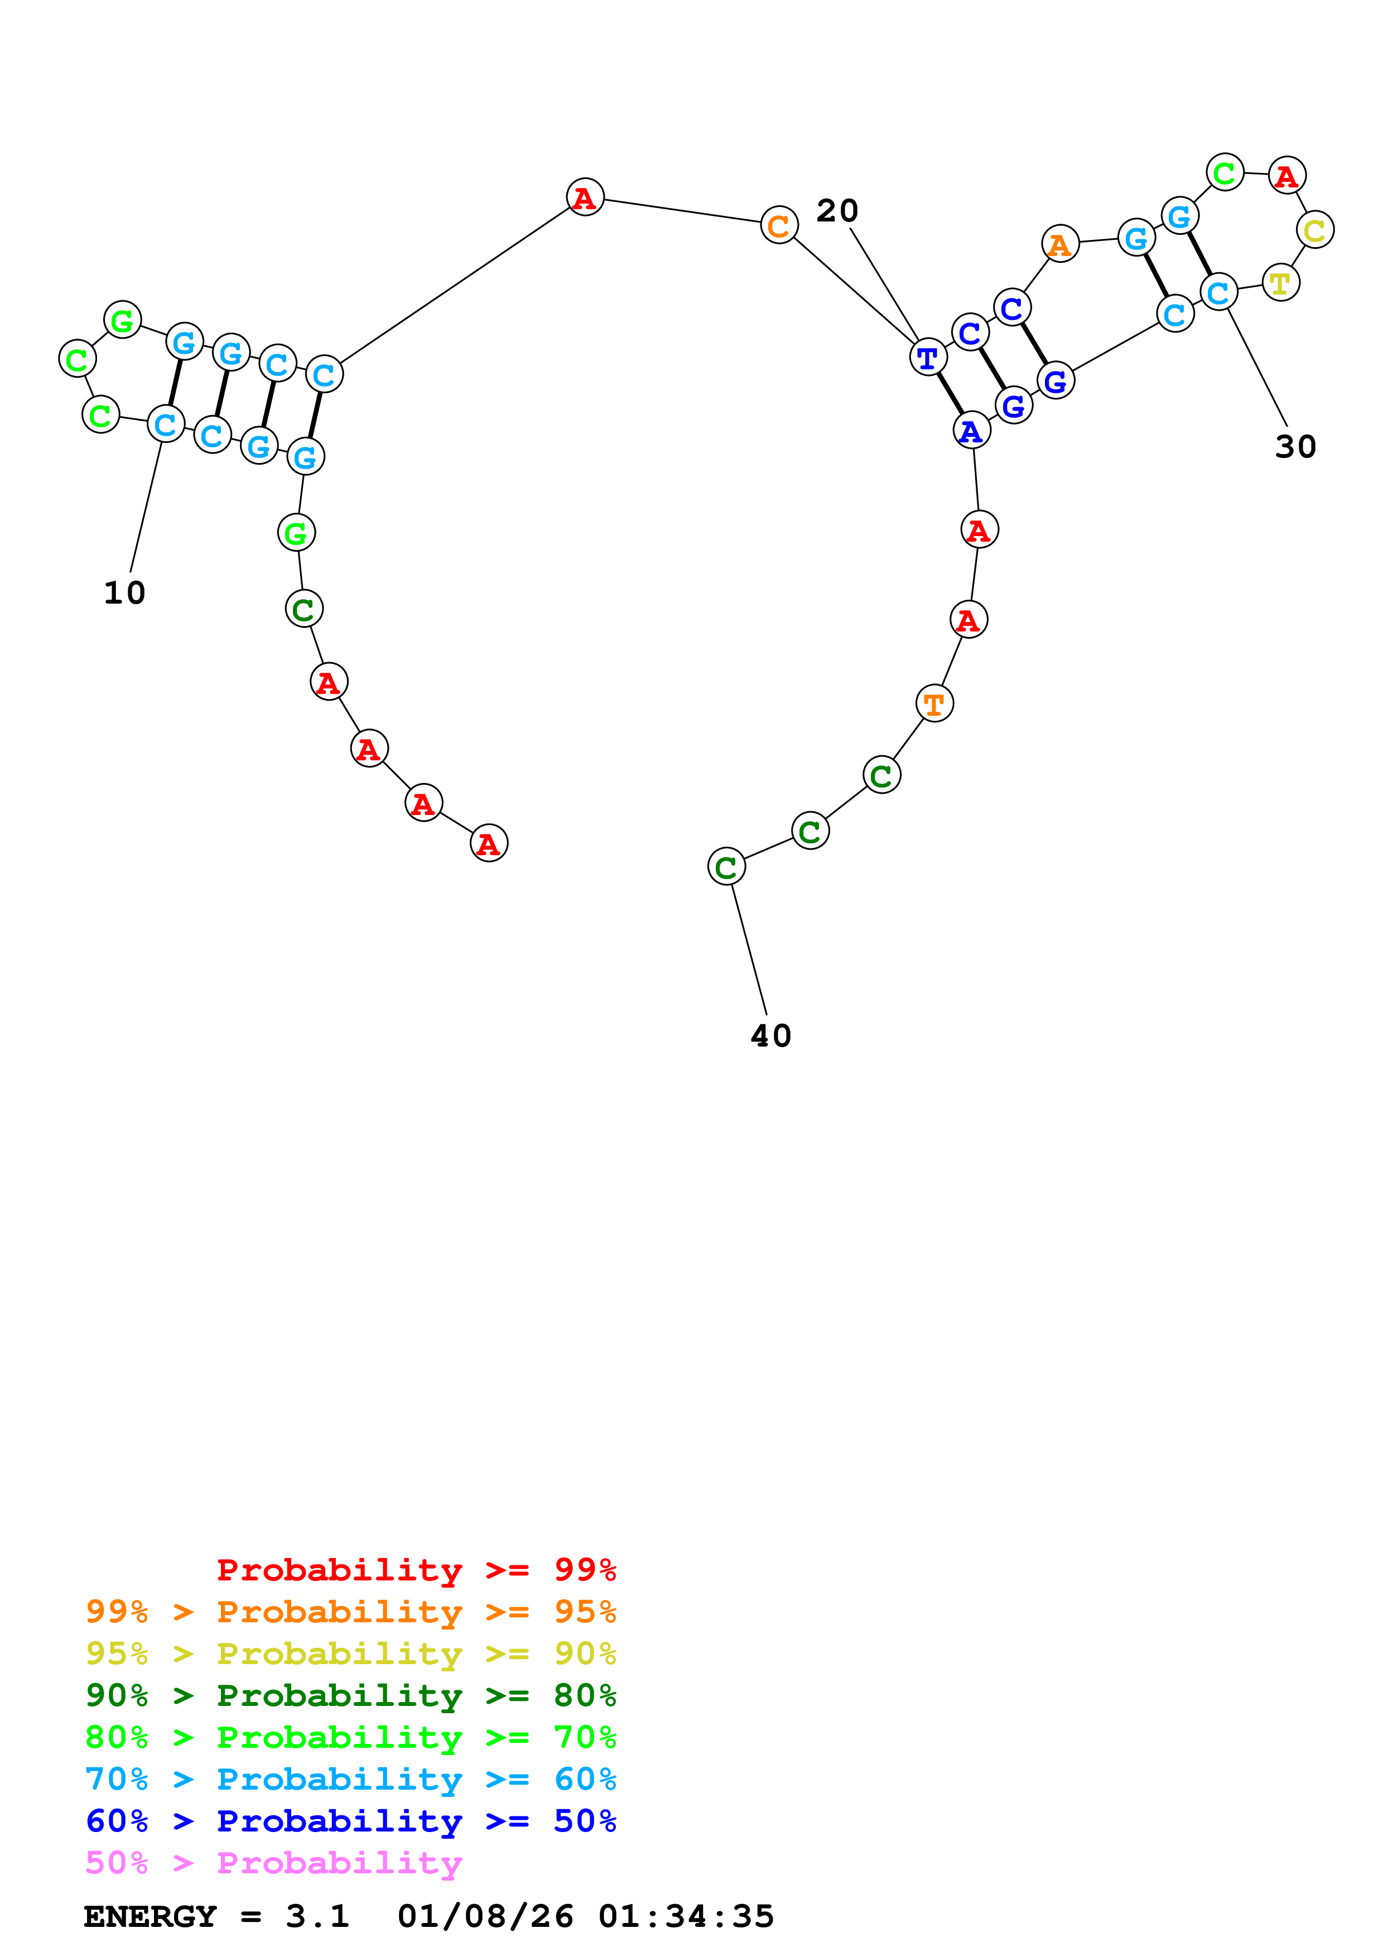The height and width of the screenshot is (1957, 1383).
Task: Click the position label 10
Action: click(x=124, y=592)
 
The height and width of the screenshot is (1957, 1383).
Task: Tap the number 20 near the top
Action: click(x=837, y=210)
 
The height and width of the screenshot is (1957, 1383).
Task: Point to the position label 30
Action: click(x=1295, y=447)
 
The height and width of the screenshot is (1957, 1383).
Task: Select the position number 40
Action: click(x=770, y=1035)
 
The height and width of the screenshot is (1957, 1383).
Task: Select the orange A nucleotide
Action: click(x=1060, y=244)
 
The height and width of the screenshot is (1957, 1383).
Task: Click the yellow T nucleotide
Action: click(x=1280, y=283)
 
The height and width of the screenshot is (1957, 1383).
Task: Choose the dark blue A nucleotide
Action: click(x=971, y=431)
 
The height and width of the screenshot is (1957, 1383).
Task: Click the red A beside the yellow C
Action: click(x=1286, y=176)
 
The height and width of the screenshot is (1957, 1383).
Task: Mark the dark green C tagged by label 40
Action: click(x=726, y=867)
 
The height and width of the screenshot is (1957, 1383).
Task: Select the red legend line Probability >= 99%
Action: click(x=416, y=1569)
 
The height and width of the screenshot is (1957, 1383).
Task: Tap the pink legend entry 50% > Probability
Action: click(x=273, y=1862)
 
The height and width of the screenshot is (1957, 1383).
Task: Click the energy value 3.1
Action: click(x=317, y=1917)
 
